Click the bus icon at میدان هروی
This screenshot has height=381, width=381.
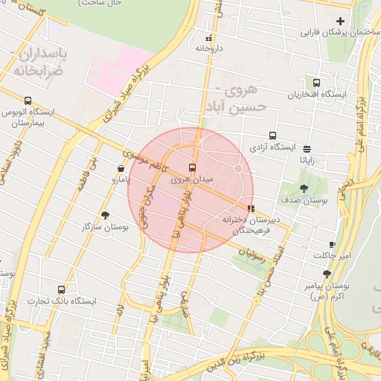click(193, 167)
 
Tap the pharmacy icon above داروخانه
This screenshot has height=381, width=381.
click(209, 37)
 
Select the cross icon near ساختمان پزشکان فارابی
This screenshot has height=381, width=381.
click(341, 21)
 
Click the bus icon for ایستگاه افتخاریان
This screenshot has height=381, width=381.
click(317, 83)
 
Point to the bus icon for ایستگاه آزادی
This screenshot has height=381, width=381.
click(273, 136)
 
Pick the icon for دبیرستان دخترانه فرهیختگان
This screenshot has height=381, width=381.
click(250, 208)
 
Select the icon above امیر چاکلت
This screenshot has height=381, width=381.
click(332, 244)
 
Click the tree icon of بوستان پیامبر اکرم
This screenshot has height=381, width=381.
click(327, 274)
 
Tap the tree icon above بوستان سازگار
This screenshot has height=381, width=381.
click(105, 214)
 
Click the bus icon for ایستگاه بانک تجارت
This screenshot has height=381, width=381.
click(61, 289)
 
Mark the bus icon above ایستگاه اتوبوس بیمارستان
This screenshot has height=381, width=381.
click(28, 100)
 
